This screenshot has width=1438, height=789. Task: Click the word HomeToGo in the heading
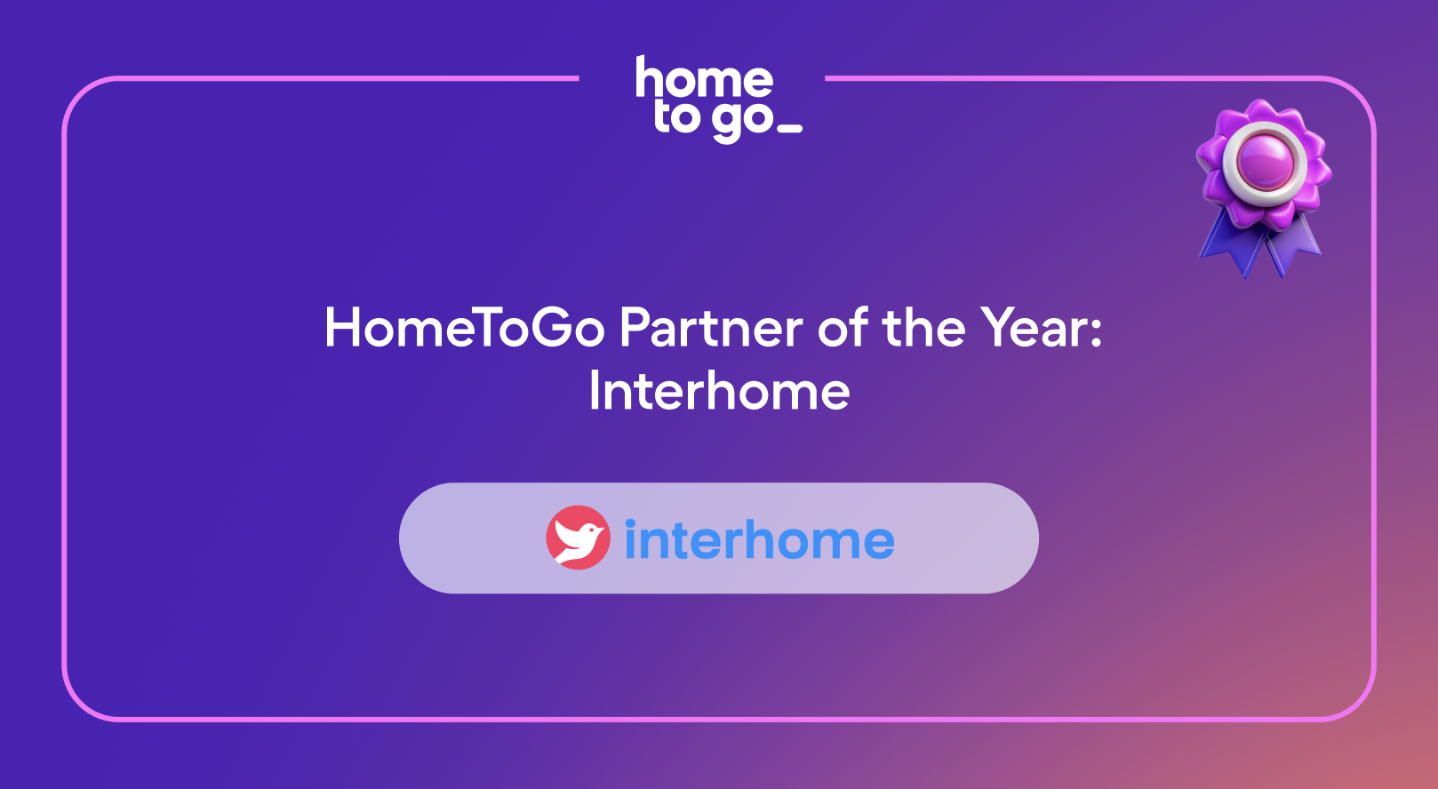pyautogui.click(x=465, y=328)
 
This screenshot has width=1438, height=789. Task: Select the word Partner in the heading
pyautogui.click(x=711, y=328)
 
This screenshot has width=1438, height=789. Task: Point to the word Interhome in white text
pyautogui.click(x=719, y=390)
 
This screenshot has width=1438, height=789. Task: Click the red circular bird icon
pyautogui.click(x=578, y=538)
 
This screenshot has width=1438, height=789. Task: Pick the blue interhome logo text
pyautogui.click(x=760, y=539)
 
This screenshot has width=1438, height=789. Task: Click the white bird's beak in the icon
pyautogui.click(x=602, y=529)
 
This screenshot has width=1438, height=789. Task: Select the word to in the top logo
pyautogui.click(x=677, y=116)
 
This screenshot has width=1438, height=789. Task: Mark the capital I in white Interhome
pyautogui.click(x=594, y=390)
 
